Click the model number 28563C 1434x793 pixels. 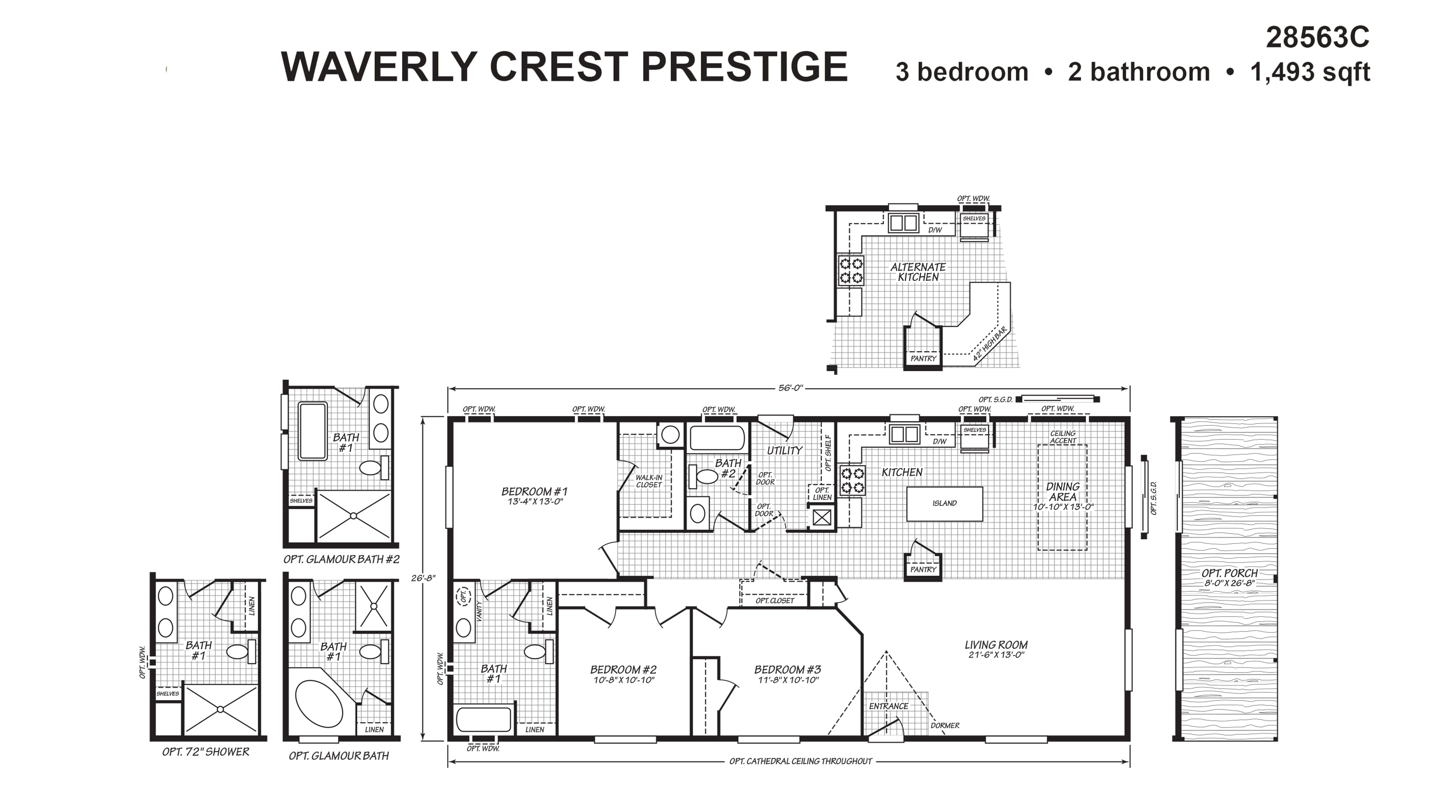coord(1317,38)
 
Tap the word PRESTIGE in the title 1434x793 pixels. coord(744,67)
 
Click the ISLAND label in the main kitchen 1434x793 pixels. coord(944,504)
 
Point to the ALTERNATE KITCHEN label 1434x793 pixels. coord(918,272)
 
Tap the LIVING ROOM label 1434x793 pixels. coord(996,645)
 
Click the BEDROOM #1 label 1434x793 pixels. coord(534,492)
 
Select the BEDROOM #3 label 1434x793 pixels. coord(787,669)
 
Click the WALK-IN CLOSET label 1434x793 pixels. coord(648,481)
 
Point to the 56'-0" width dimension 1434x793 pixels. coord(790,388)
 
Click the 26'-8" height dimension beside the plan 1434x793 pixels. coord(423,578)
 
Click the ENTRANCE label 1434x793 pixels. coord(888,706)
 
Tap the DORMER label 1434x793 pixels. coord(945,726)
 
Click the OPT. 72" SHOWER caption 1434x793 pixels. coord(206,752)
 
